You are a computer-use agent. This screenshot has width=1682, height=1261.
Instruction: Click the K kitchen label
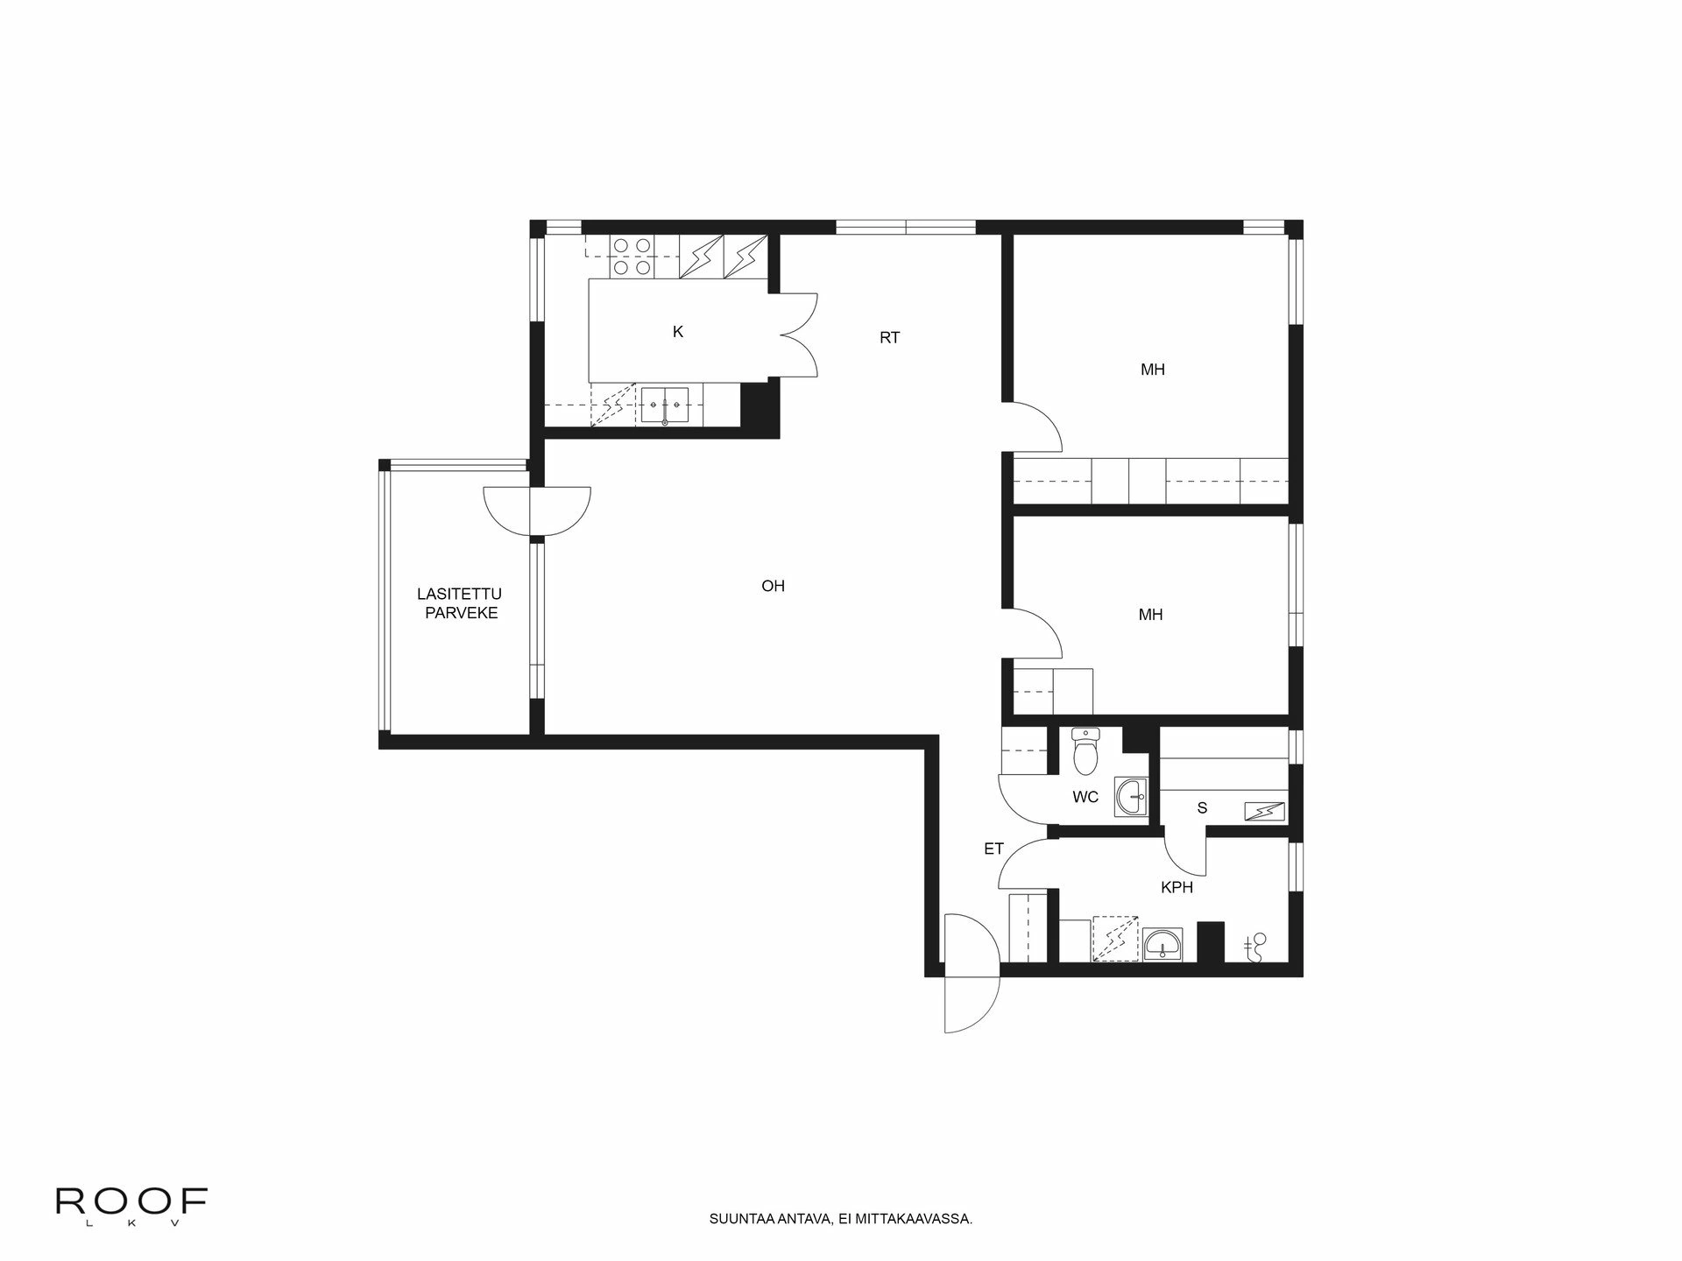(x=677, y=332)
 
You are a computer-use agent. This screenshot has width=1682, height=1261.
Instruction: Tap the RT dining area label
(x=889, y=337)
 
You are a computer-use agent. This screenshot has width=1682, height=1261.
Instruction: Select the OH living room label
(x=773, y=586)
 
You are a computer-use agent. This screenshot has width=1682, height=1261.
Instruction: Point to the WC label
(x=1085, y=798)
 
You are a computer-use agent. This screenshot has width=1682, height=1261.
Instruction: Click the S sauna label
(x=1202, y=808)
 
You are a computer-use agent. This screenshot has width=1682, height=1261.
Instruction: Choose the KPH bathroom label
(x=1177, y=887)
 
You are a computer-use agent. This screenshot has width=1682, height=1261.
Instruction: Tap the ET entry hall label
(x=993, y=849)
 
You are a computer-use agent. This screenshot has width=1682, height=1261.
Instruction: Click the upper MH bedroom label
(x=1152, y=370)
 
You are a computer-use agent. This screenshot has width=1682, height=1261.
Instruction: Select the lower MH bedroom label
(x=1150, y=615)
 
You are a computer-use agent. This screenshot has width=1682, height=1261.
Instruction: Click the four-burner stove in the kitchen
(x=631, y=257)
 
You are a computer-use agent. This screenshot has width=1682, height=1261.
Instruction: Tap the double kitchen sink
(x=666, y=405)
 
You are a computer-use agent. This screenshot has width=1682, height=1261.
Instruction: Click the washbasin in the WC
(x=1132, y=796)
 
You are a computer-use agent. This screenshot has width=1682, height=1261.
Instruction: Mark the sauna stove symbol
(x=1265, y=812)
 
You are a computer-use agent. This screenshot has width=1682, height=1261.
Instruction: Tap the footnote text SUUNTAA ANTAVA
(x=841, y=1218)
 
